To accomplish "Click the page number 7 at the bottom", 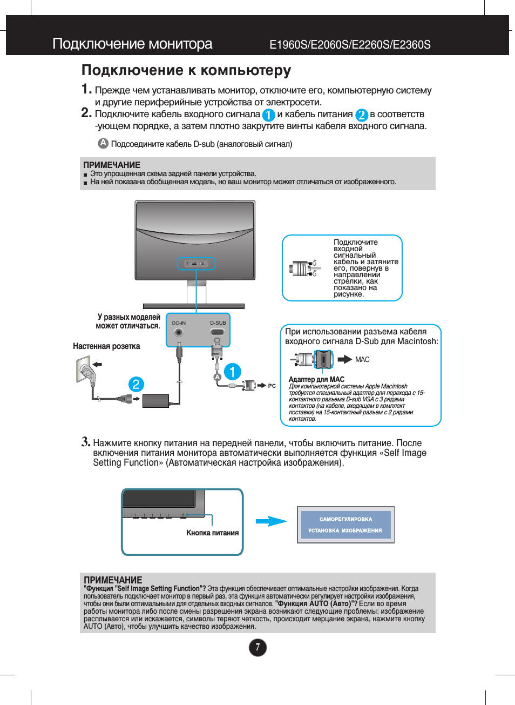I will pyautogui.click(x=257, y=647).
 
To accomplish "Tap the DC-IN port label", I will pyautogui.click(x=179, y=323).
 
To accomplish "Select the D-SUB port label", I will pyautogui.click(x=218, y=323).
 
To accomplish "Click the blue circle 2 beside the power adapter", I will pyautogui.click(x=136, y=384).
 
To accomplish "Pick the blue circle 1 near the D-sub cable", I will pyautogui.click(x=232, y=372).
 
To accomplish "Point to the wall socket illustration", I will pyautogui.click(x=86, y=372).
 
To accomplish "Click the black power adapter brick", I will pyautogui.click(x=156, y=401).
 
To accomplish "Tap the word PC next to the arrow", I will pyautogui.click(x=272, y=386).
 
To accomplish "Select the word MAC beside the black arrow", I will pyautogui.click(x=362, y=360).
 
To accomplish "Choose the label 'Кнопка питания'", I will pyautogui.click(x=212, y=533).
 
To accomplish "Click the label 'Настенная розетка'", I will pyautogui.click(x=106, y=346).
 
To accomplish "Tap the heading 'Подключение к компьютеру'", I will pyautogui.click(x=186, y=71).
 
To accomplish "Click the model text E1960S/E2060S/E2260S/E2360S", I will pyautogui.click(x=350, y=45).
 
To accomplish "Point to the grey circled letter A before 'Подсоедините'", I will pyautogui.click(x=103, y=143).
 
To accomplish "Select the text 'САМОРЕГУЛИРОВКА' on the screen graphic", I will pyautogui.click(x=345, y=519).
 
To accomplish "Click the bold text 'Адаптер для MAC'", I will pyautogui.click(x=316, y=379).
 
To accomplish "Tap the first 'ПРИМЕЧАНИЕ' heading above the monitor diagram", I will pyautogui.click(x=112, y=165).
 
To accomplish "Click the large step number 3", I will pyautogui.click(x=85, y=441).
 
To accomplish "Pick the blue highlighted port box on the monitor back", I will pyautogui.click(x=196, y=264).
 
